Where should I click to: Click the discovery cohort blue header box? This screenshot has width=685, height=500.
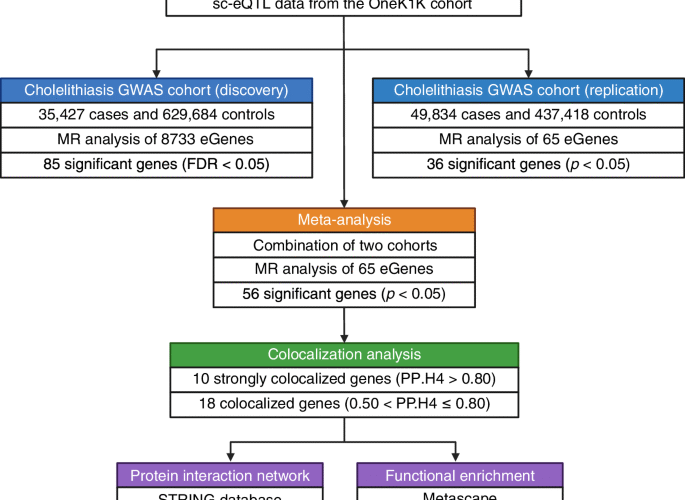click(156, 89)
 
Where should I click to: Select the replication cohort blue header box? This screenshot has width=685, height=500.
click(527, 89)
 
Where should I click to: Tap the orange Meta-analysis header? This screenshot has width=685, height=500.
click(343, 220)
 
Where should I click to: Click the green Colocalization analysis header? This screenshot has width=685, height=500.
click(343, 355)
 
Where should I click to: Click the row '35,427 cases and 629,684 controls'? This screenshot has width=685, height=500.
click(156, 114)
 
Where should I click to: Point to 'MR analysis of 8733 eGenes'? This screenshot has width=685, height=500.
click(156, 139)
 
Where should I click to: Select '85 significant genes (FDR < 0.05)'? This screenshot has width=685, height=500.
click(156, 164)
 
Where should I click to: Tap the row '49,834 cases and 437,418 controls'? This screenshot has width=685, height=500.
click(527, 114)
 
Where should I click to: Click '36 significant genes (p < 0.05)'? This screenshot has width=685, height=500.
click(527, 164)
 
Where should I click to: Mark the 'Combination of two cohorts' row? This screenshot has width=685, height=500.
click(343, 245)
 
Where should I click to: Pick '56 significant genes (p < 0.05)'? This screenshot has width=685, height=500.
click(343, 295)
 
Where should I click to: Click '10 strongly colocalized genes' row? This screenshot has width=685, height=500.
click(343, 380)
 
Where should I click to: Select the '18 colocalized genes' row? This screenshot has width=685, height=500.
click(343, 405)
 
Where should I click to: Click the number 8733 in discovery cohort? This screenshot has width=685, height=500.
click(179, 139)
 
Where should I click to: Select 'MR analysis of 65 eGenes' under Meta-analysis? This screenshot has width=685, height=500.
click(343, 270)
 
